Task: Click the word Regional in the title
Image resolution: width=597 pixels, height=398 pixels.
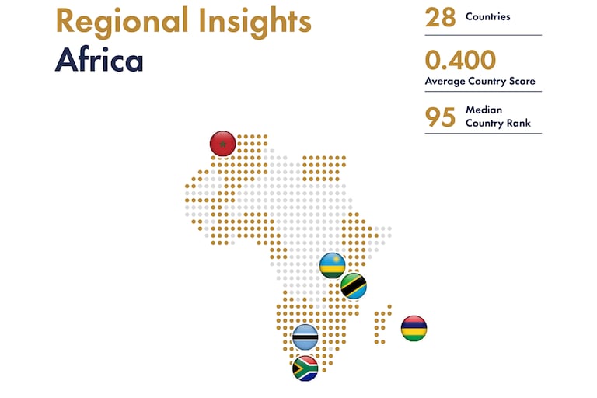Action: point(122,22)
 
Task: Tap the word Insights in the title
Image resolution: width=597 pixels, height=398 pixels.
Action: point(255,22)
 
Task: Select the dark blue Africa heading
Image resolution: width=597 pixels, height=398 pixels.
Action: point(99,59)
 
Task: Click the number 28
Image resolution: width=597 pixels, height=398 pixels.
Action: point(440,18)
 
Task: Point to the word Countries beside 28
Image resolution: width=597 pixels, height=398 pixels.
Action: point(487,17)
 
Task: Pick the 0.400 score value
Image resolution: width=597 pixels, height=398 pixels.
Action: point(460,60)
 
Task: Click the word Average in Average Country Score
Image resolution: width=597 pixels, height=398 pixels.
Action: point(445,81)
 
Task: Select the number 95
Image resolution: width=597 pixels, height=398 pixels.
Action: point(440,117)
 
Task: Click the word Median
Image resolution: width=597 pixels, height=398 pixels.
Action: point(484,110)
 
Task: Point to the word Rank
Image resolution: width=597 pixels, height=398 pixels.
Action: point(519,123)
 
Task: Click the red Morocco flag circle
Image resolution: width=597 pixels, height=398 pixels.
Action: point(223,144)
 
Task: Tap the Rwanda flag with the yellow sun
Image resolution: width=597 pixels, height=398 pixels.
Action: point(333,265)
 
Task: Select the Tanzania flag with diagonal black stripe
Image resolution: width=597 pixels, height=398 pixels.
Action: point(354,285)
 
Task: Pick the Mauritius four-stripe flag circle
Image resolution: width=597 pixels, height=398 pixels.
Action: point(414,328)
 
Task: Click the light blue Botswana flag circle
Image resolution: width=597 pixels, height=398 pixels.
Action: point(305,337)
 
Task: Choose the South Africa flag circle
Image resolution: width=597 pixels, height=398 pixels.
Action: point(305,368)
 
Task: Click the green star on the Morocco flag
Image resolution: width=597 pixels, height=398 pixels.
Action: point(223,145)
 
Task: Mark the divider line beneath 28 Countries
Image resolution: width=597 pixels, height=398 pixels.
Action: point(484,35)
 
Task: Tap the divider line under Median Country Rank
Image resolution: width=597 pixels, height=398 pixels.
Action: point(484,133)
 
